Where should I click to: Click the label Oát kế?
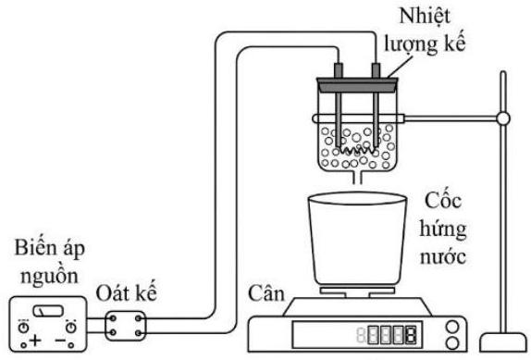(x=127, y=293)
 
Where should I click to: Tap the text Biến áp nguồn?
(x=49, y=263)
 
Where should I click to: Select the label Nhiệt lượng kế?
(x=425, y=30)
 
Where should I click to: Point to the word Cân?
(x=266, y=293)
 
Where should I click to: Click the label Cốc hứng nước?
(x=443, y=229)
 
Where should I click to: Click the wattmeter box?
(x=125, y=326)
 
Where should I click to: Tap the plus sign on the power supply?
(x=35, y=340)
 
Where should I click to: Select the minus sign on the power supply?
(x=60, y=340)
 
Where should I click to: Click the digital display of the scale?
(x=357, y=335)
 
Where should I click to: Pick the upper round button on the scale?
(x=452, y=328)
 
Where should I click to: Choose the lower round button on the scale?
(x=452, y=343)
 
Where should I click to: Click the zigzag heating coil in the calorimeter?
(x=357, y=150)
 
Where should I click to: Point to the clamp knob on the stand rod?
(x=503, y=118)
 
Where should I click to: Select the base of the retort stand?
(x=503, y=342)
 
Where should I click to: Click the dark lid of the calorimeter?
(x=357, y=84)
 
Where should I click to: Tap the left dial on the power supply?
(x=24, y=328)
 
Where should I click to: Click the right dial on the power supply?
(x=71, y=328)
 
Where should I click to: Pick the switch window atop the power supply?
(x=48, y=311)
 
